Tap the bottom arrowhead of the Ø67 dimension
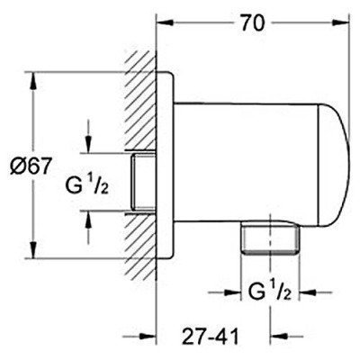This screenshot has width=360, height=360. [35, 256]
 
